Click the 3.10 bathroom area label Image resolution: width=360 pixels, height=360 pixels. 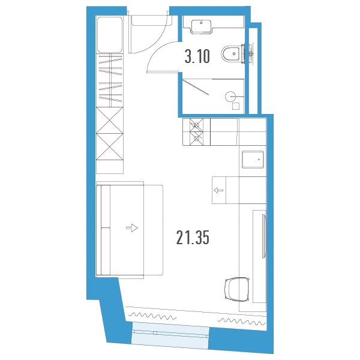197,56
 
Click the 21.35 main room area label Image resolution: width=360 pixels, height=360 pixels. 193,238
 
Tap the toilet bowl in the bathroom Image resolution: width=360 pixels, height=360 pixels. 231,54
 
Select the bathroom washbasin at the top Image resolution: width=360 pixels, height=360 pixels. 201,26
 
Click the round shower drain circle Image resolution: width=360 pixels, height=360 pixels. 230,97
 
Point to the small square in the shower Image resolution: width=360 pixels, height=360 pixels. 236,106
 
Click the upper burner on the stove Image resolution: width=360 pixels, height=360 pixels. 196,125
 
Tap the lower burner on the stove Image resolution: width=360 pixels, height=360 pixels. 196,138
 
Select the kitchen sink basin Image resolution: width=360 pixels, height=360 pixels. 253,160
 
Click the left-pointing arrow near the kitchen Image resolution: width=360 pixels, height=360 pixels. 218,190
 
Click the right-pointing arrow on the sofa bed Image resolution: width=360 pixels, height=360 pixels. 132,228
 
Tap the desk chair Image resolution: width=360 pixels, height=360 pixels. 237,289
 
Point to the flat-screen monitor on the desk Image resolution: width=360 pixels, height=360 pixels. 264,236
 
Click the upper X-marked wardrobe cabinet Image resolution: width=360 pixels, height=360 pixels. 110,120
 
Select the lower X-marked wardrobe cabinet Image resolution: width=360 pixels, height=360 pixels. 110,147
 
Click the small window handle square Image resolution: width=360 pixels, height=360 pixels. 155,332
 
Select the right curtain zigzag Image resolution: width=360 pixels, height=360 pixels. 242,322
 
